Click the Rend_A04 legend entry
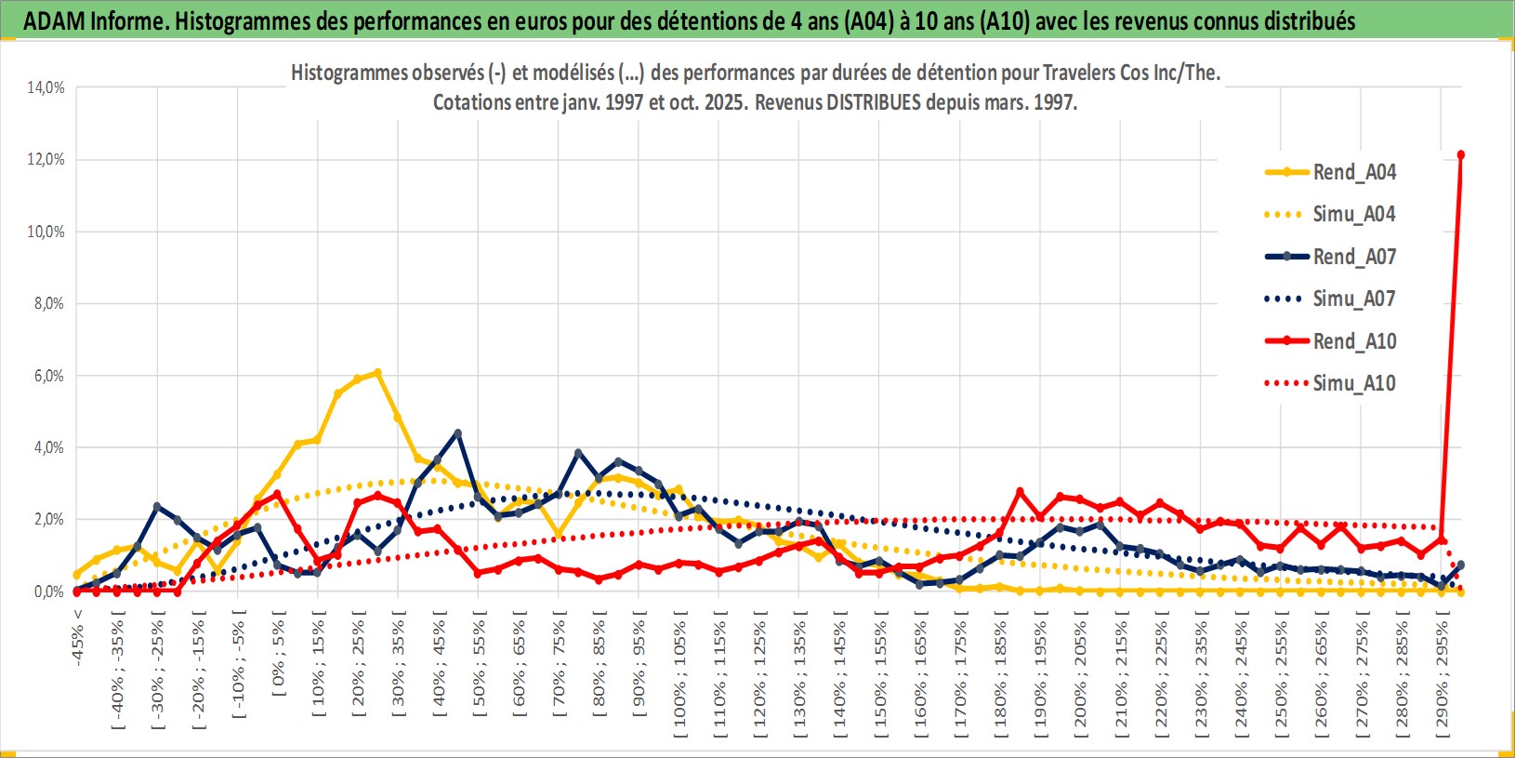[1353, 172]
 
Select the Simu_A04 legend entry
[1353, 214]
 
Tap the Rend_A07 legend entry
[1353, 257]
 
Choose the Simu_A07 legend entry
[1353, 299]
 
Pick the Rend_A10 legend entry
[1353, 341]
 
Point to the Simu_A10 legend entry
[1353, 383]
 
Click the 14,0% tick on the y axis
[46, 87]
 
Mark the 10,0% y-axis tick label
[46, 232]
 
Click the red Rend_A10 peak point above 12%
[1461, 154]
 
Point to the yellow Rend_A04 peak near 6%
[377, 373]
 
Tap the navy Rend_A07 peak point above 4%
[457, 433]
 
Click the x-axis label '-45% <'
[78, 638]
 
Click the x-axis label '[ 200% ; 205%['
[1080, 673]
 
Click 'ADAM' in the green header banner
[54, 20]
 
